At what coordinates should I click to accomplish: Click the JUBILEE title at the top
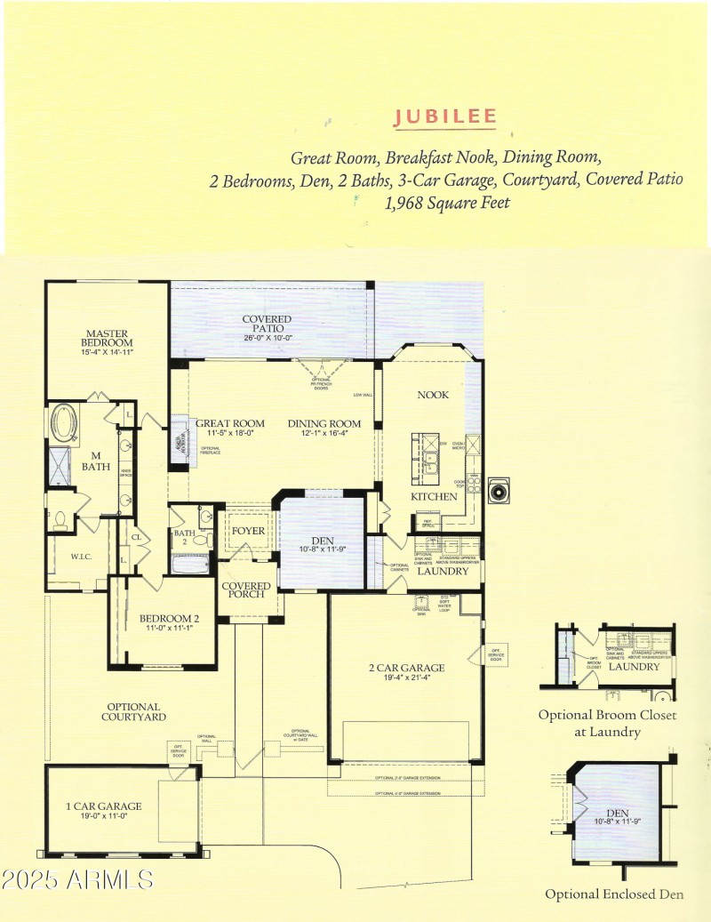(445, 117)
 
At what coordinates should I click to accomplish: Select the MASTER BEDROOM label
(107, 338)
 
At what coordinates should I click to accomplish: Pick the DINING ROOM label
(324, 424)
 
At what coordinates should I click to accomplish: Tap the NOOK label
(433, 395)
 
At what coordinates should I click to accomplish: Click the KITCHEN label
(433, 496)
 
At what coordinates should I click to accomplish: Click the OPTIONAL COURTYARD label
(133, 711)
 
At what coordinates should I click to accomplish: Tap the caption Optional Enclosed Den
(614, 894)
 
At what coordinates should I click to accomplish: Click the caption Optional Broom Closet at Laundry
(606, 723)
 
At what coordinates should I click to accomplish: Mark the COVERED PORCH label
(245, 589)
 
